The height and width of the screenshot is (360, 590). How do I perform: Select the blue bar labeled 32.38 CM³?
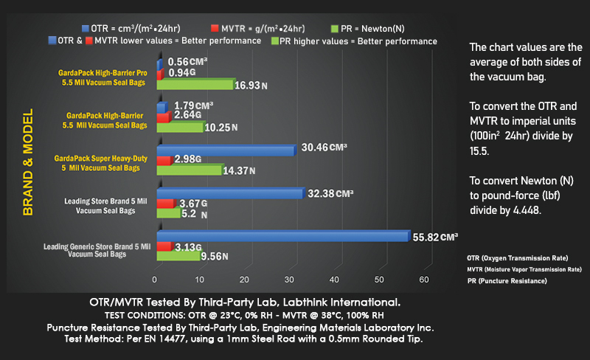[x=229, y=194]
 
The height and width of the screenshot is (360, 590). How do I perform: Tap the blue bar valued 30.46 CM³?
[x=225, y=150]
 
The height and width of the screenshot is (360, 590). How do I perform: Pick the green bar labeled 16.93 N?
[x=195, y=85]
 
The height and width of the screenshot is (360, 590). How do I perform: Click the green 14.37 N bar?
[x=190, y=170]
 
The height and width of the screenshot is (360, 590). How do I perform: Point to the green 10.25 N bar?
[x=181, y=127]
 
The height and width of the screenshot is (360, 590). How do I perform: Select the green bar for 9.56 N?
[x=178, y=257]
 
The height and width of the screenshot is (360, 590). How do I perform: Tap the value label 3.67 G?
[x=194, y=203]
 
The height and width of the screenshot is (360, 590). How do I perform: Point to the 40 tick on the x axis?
[x=335, y=280]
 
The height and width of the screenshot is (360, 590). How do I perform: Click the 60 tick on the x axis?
[x=424, y=280]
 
